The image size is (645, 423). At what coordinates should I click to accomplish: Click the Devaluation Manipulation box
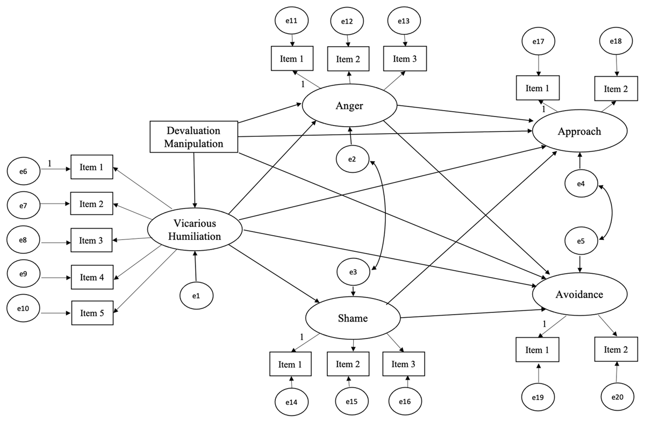(193, 136)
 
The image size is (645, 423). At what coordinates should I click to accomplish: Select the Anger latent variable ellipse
(349, 106)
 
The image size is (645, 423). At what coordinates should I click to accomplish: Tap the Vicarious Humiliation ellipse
(196, 229)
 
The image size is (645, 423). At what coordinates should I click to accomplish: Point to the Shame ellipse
(353, 318)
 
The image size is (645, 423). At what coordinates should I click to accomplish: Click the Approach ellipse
(579, 132)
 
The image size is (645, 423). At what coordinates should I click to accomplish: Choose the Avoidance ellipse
(579, 294)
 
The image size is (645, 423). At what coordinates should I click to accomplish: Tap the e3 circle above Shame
(353, 273)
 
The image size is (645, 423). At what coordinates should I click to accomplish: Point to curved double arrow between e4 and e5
(608, 212)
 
